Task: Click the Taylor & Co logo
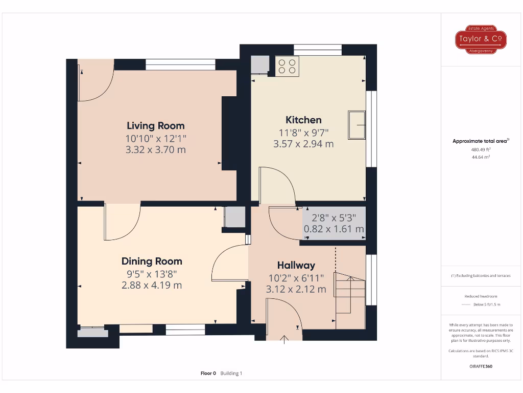481,39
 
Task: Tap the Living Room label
156,125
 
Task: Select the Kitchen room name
303,120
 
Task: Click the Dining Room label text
152,261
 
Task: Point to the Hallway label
296,265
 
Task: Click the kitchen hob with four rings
287,65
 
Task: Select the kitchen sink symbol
357,124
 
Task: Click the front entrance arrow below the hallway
284,338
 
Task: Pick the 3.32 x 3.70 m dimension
156,150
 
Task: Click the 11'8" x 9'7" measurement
303,133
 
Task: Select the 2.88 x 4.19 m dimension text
152,285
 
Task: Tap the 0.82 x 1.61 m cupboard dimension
334,229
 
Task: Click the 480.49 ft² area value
480,149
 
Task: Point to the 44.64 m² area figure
480,157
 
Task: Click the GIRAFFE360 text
480,366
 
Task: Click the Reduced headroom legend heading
480,296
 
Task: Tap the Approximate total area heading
480,141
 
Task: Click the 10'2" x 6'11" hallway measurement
296,278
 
